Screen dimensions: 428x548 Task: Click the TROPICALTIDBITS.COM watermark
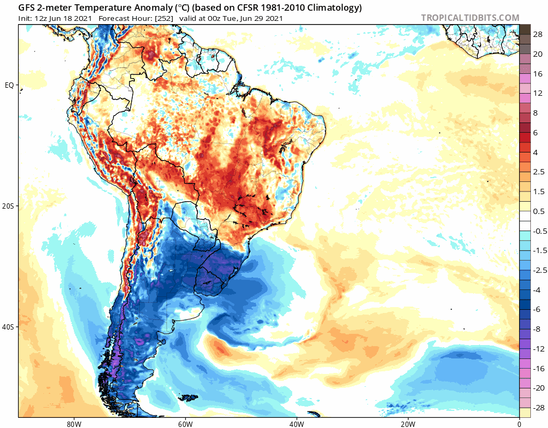(x=470, y=18)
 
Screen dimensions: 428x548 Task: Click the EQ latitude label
(x=9, y=85)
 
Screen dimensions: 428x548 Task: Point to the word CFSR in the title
(x=253, y=8)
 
